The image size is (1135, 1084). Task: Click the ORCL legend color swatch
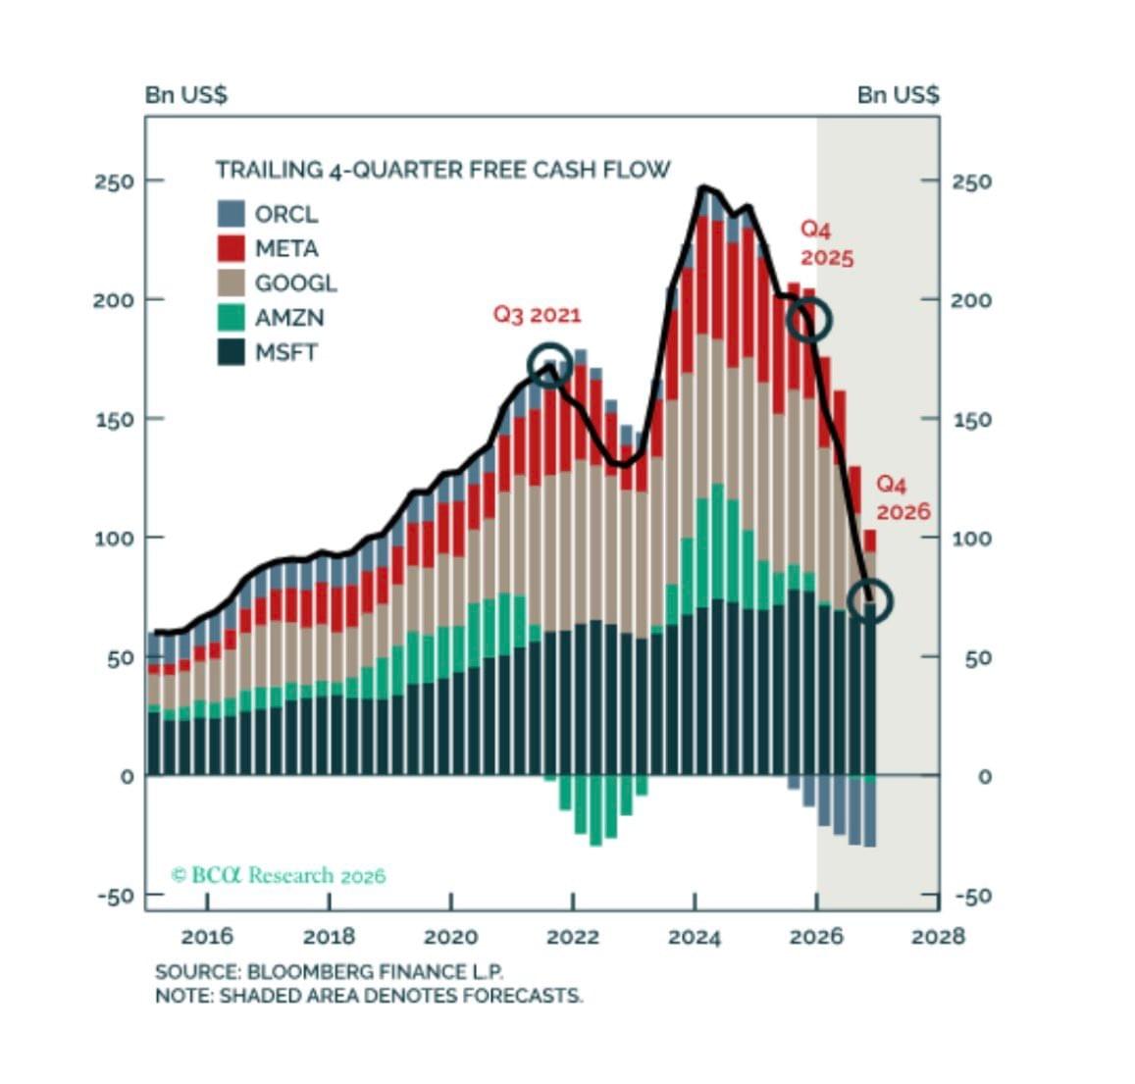coord(231,214)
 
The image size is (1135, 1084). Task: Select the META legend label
coord(286,248)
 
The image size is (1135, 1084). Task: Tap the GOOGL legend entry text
coord(295,283)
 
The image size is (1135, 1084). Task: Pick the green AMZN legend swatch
coord(231,318)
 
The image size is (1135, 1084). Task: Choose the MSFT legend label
coord(286,352)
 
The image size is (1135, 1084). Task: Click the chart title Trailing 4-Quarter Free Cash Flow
coord(442,170)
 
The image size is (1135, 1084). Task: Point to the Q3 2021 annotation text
coord(537,315)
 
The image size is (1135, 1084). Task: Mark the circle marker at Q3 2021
coord(549,365)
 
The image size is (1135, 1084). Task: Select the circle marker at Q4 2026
coord(869,600)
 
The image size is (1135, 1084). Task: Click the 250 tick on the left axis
coord(114,181)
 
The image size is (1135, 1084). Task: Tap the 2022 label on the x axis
coord(573,937)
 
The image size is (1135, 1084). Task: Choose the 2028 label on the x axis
coord(938,937)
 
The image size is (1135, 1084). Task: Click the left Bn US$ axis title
coord(186,94)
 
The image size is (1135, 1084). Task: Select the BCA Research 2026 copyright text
coord(278,875)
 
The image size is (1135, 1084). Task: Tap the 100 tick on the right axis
coord(970,539)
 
